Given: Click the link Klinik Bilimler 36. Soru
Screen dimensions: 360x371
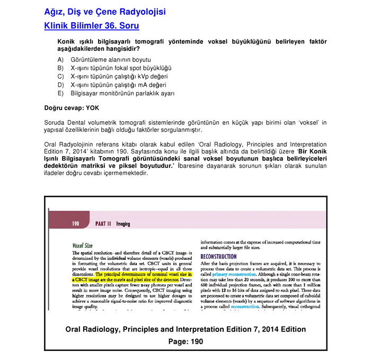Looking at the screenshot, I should [x=92, y=25].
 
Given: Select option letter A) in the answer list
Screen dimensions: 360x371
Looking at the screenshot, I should [x=60, y=60].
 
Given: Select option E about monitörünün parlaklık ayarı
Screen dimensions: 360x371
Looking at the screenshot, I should [x=122, y=93].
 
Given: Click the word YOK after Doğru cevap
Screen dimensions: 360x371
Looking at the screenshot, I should [x=93, y=108].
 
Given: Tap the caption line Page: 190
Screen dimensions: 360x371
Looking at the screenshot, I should [x=185, y=341].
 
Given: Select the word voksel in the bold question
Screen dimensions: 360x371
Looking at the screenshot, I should [x=233, y=42].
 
